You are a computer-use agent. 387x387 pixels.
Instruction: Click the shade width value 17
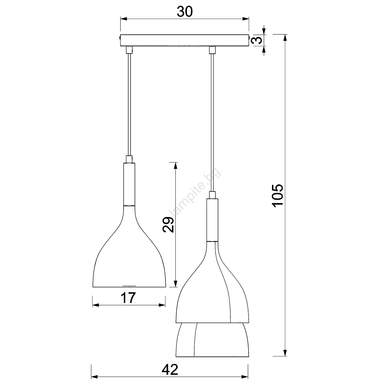(x=128, y=298)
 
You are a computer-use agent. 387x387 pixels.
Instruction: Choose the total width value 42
(x=170, y=370)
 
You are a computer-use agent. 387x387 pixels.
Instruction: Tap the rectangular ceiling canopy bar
(x=185, y=41)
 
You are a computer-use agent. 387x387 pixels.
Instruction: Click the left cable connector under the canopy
(x=129, y=50)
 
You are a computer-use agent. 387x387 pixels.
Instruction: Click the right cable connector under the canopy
(x=212, y=50)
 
